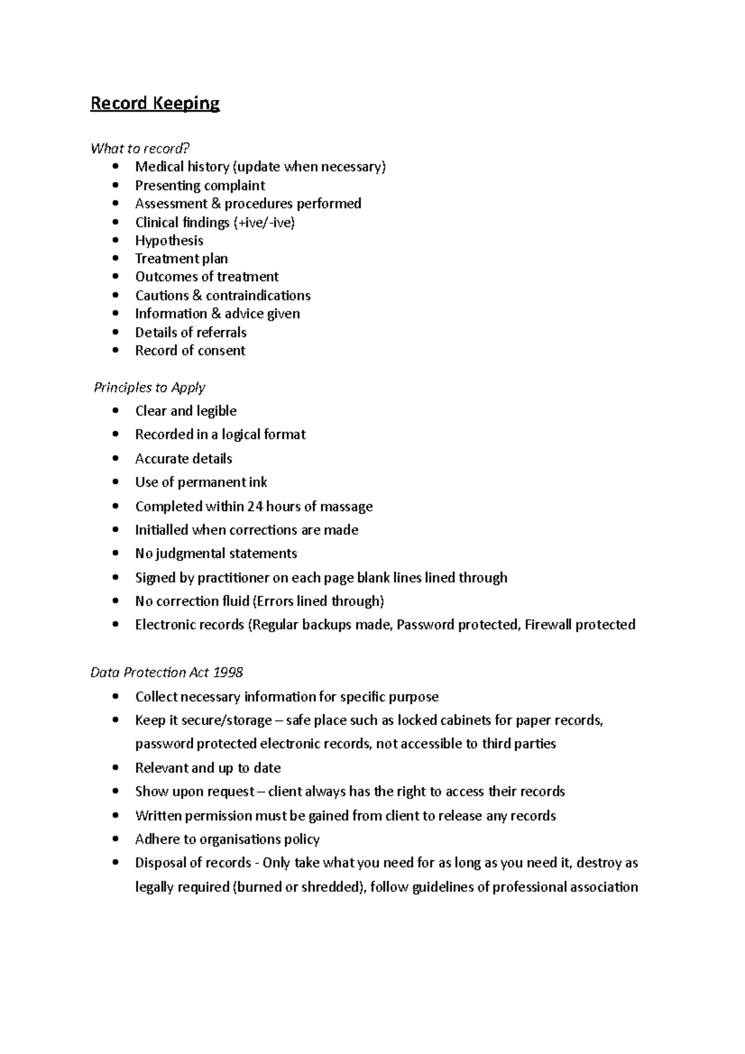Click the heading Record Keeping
(x=155, y=103)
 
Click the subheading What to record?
(x=140, y=148)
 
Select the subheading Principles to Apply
(x=149, y=387)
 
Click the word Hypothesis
(x=169, y=240)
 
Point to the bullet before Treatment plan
(x=115, y=259)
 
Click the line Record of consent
(x=190, y=351)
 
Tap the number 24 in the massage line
(x=255, y=507)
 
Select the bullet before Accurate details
(x=115, y=459)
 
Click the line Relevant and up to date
(x=208, y=768)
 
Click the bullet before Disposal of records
(x=115, y=863)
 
